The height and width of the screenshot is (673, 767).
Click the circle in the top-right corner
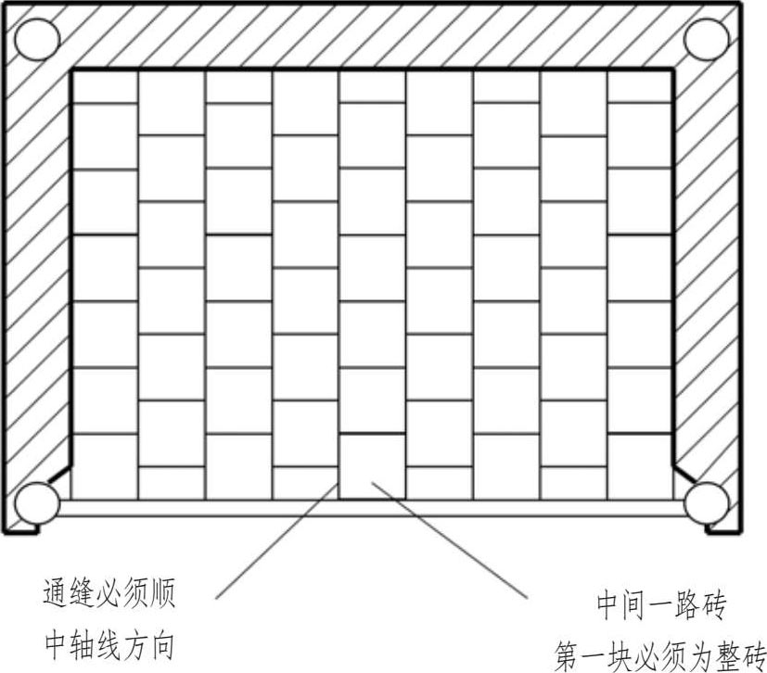point(706,37)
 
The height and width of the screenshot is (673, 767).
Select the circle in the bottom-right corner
point(706,502)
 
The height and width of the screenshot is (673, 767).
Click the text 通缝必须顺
point(109,593)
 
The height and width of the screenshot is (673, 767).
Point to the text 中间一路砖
point(659,607)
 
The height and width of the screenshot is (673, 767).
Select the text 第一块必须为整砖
point(659,654)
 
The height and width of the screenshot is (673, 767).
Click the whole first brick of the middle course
point(371,466)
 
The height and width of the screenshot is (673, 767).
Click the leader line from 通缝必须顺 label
point(278,538)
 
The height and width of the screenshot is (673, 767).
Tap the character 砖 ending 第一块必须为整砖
point(750,654)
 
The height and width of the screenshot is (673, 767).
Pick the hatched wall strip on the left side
point(37,278)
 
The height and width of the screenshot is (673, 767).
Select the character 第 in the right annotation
point(569,654)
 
